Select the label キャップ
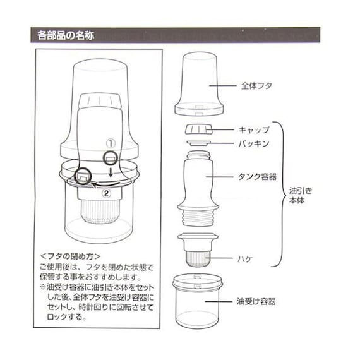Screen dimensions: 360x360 click(255, 129)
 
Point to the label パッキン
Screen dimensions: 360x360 click(255, 144)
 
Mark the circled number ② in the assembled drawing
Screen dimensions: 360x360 click(107, 194)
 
